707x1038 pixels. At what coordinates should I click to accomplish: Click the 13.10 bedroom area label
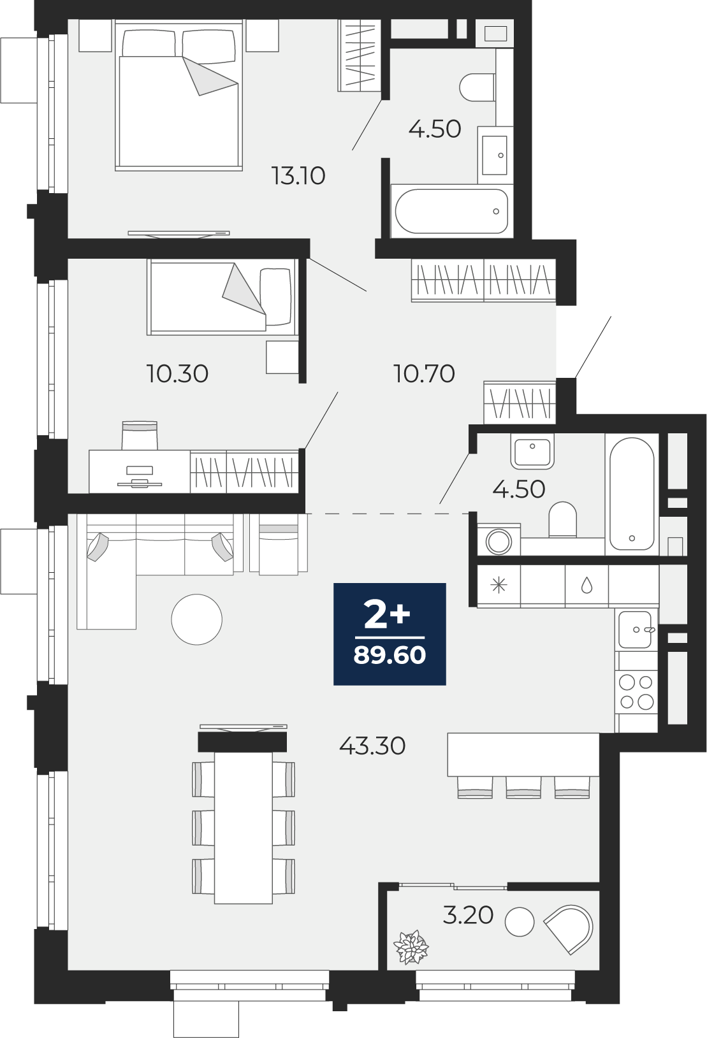coord(298,176)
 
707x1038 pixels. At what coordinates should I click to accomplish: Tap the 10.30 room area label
coord(177,373)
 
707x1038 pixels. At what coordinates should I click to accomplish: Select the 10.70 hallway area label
coord(424,373)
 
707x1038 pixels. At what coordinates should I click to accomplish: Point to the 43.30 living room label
coord(372,746)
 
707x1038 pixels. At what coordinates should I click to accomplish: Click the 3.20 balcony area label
coord(468,915)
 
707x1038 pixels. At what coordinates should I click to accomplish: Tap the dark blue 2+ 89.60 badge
coord(390,634)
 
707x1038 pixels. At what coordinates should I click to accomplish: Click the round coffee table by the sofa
coord(196,619)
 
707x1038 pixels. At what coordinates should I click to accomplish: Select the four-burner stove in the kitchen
coord(636,692)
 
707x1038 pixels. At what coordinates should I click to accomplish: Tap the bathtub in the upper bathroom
coord(451,212)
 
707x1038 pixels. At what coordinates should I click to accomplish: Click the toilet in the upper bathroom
coord(477,87)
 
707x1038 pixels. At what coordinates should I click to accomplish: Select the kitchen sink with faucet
coord(636,630)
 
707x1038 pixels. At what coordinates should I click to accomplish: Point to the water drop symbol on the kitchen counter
coord(587,585)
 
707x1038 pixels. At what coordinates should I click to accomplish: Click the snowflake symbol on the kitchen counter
coord(499,585)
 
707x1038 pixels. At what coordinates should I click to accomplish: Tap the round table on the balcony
coord(519,922)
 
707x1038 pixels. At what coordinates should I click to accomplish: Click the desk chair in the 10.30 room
coord(140,435)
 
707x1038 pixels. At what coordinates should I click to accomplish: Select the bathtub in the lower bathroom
coord(631,494)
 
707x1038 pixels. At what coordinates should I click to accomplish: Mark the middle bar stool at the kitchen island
coord(523,788)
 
